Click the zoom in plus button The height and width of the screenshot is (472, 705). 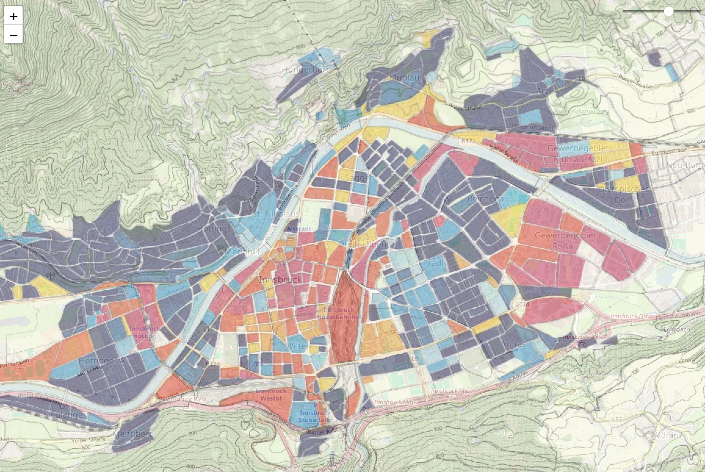[x=13, y=16]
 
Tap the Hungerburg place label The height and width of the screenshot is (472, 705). [x=306, y=70]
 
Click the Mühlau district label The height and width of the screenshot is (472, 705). [x=404, y=78]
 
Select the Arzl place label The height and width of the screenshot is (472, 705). [x=544, y=91]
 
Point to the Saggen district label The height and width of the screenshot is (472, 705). [x=360, y=178]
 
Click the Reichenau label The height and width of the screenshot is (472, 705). [x=488, y=199]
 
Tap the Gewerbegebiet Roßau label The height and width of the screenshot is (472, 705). [x=565, y=240]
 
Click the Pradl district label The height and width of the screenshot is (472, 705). [x=433, y=263]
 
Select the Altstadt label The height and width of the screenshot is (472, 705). [x=299, y=229]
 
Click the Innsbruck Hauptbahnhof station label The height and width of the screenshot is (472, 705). [x=339, y=313]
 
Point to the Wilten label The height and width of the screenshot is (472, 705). [x=298, y=346]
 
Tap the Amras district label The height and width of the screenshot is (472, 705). [x=513, y=345]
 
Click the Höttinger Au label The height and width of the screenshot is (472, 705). [x=104, y=360]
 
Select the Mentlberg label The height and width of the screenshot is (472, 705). [x=133, y=434]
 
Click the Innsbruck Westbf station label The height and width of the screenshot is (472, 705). [x=271, y=395]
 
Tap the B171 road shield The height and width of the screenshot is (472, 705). [x=468, y=141]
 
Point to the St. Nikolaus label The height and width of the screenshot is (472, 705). [x=276, y=214]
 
